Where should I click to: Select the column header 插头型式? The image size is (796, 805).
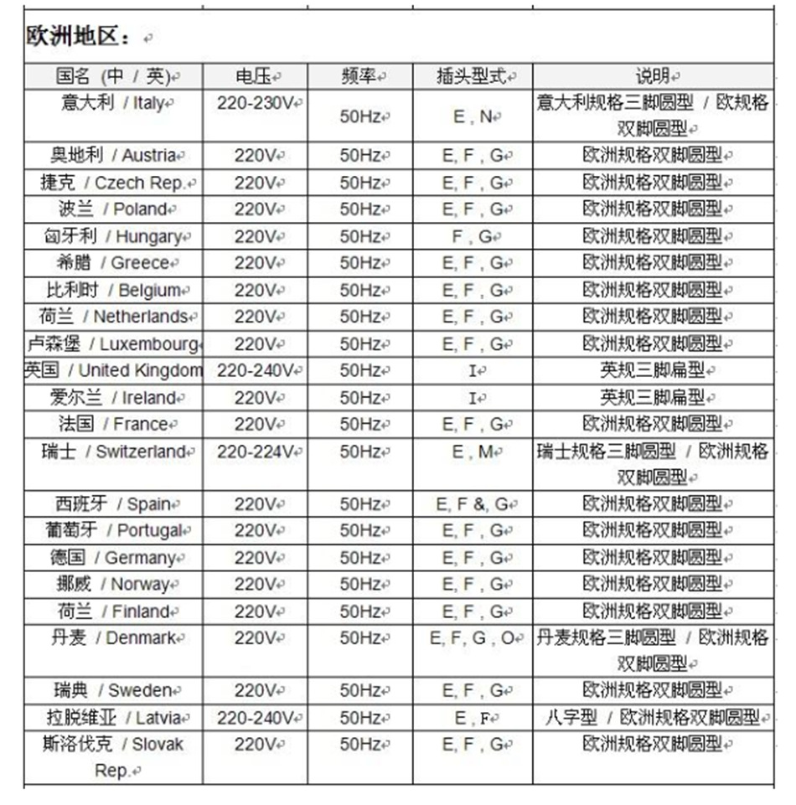pos(472,76)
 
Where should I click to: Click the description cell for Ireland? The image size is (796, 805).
pos(652,397)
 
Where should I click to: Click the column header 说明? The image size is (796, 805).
pos(652,76)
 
